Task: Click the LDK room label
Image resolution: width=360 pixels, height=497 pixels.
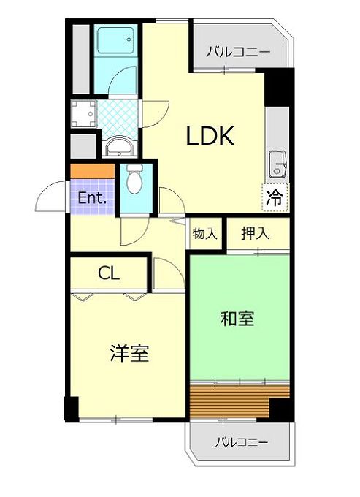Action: pos(210,136)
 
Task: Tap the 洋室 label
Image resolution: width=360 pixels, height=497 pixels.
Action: pos(129,353)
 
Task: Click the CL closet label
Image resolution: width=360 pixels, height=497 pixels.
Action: pos(109,273)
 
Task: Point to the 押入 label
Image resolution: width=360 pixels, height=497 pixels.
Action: pos(255,234)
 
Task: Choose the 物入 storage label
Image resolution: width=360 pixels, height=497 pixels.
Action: pos(204,234)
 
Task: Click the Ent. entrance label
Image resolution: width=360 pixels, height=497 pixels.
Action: pos(92,198)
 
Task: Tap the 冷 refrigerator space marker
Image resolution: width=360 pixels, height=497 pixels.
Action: pos(274,198)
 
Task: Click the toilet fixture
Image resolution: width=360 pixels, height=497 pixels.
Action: pos(134,179)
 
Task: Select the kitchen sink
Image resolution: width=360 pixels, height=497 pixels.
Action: pos(277,164)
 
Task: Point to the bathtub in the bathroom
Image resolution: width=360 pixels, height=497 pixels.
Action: pos(115,40)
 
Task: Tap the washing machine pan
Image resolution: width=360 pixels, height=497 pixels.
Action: pos(83,113)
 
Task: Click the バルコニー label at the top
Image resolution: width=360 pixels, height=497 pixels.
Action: pos(238,51)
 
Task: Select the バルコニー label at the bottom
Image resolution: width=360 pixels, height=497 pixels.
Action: pos(242,442)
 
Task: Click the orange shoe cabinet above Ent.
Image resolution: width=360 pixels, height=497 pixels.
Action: pos(92,172)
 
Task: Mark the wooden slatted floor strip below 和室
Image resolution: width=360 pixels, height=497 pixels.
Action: pos(240,401)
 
